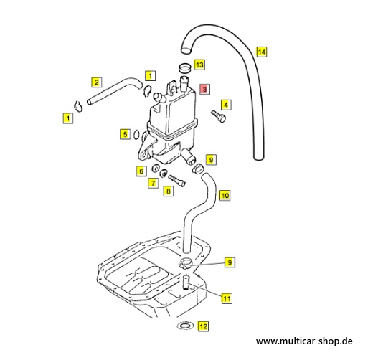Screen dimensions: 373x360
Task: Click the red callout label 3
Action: (204, 89)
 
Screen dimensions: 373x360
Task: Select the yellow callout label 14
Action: (262, 52)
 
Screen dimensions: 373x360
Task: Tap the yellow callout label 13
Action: (199, 65)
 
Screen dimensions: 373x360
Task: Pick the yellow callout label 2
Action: (97, 82)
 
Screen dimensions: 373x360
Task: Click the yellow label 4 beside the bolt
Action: (226, 105)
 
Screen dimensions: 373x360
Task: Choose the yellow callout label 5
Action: (125, 134)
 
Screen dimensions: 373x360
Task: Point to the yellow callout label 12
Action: (203, 326)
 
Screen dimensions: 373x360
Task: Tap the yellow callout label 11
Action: (227, 298)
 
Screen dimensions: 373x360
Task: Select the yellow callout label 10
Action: (225, 196)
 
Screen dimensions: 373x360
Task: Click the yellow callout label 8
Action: (169, 191)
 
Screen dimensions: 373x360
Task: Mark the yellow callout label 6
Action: (141, 171)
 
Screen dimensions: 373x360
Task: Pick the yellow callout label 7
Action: (153, 183)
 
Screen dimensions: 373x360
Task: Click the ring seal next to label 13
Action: (185, 67)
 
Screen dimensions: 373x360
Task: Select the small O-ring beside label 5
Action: (136, 135)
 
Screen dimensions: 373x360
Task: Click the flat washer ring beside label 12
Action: (185, 326)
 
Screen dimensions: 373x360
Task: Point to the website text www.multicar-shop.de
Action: (304, 341)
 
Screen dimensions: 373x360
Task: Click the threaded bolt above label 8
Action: (176, 181)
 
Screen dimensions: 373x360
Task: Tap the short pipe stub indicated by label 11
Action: (186, 282)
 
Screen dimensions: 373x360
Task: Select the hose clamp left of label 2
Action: (78, 106)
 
